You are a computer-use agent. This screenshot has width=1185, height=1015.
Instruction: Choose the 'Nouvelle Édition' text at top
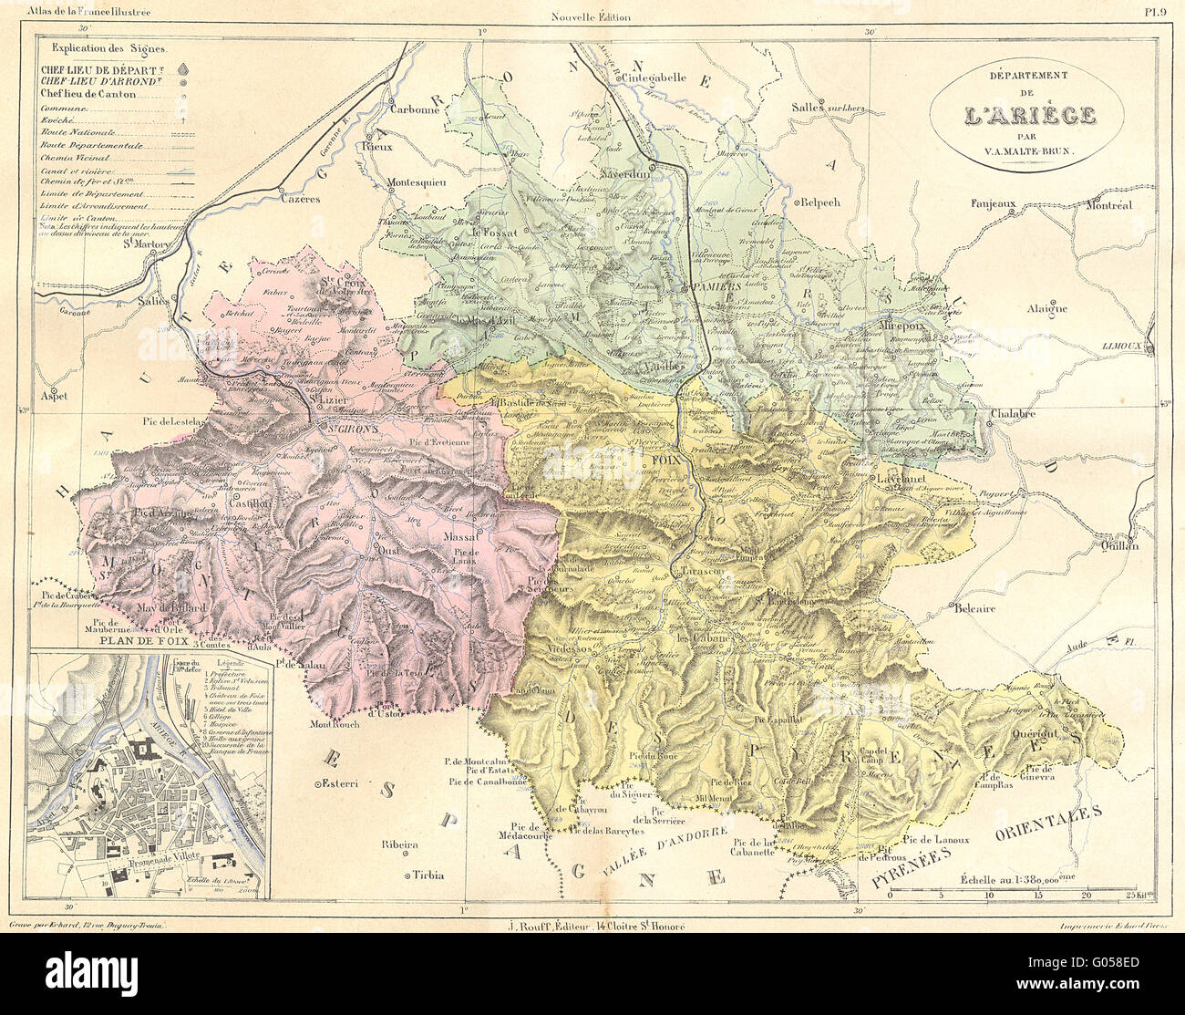(x=591, y=16)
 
